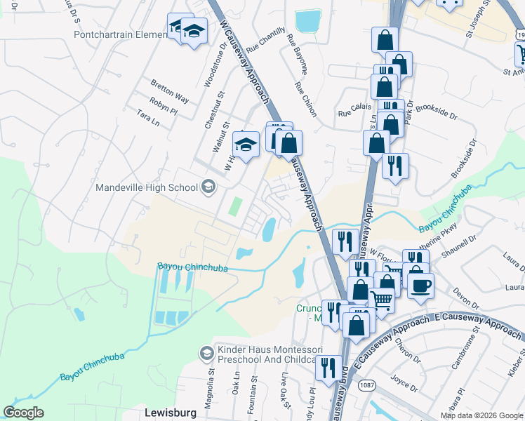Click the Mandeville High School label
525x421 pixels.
[147, 187]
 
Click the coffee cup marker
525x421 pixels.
[420, 285]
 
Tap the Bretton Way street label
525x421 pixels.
[170, 90]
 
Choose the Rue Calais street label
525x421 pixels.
[354, 112]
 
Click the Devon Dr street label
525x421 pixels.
[465, 298]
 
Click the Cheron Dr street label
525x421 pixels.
[408, 349]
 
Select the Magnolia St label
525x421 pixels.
[208, 392]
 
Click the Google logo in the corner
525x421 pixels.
[23, 413]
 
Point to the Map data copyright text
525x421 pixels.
[481, 415]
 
